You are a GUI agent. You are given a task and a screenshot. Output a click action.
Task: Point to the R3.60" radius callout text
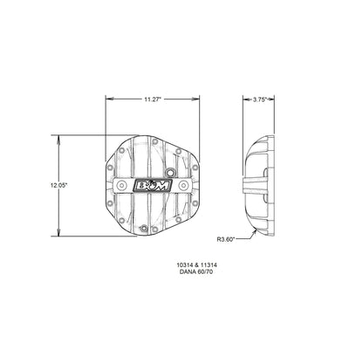227,238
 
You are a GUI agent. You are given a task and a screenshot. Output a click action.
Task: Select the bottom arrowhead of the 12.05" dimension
61,236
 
